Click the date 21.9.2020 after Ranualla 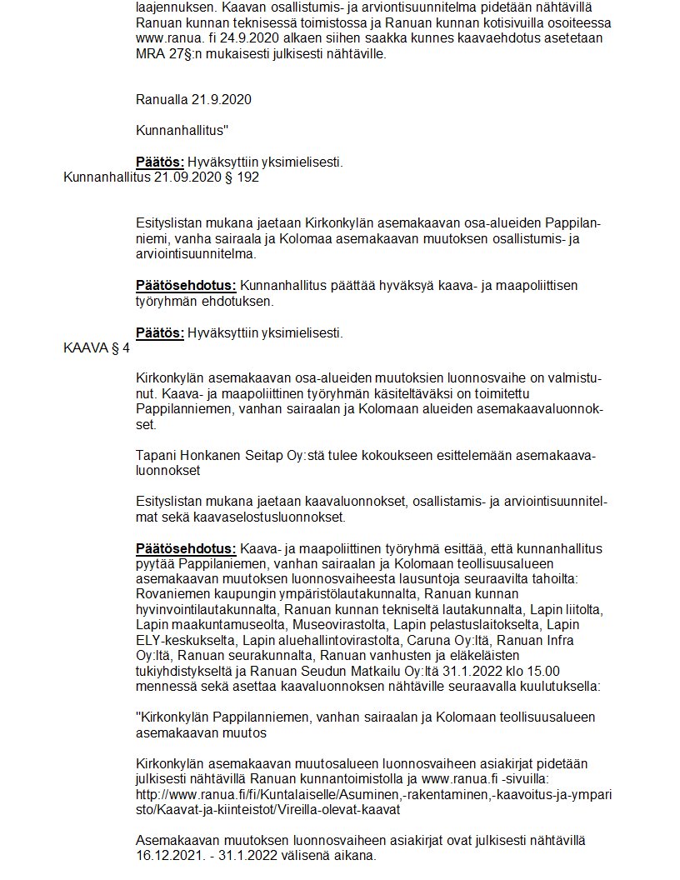tap(223, 100)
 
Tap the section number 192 tap(248, 177)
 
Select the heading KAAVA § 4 tap(97, 349)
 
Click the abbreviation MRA tap(151, 54)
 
